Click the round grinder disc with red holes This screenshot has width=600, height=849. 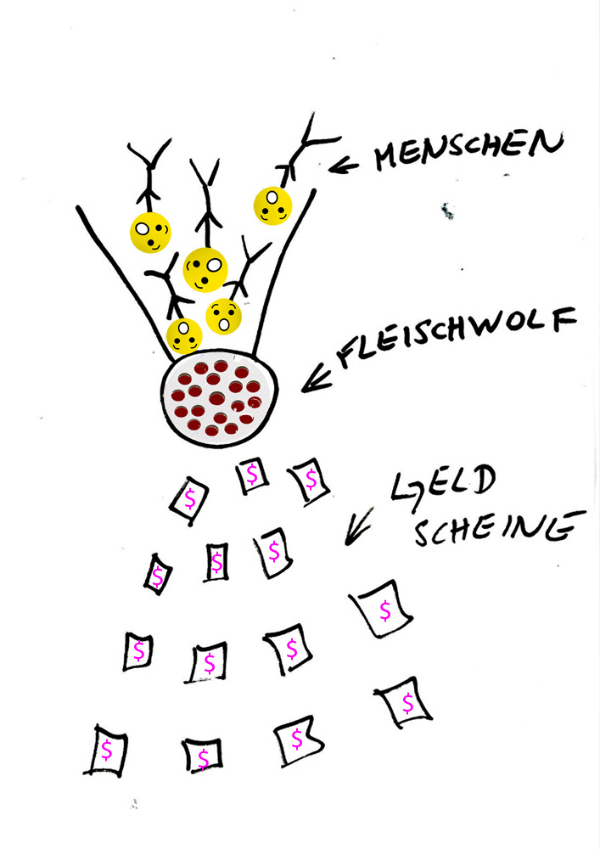coord(219,396)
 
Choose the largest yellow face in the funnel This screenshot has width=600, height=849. coord(205,269)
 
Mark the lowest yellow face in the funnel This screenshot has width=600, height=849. coord(184,336)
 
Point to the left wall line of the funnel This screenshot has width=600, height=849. coord(119,272)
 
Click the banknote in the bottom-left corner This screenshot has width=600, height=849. coord(106,750)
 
